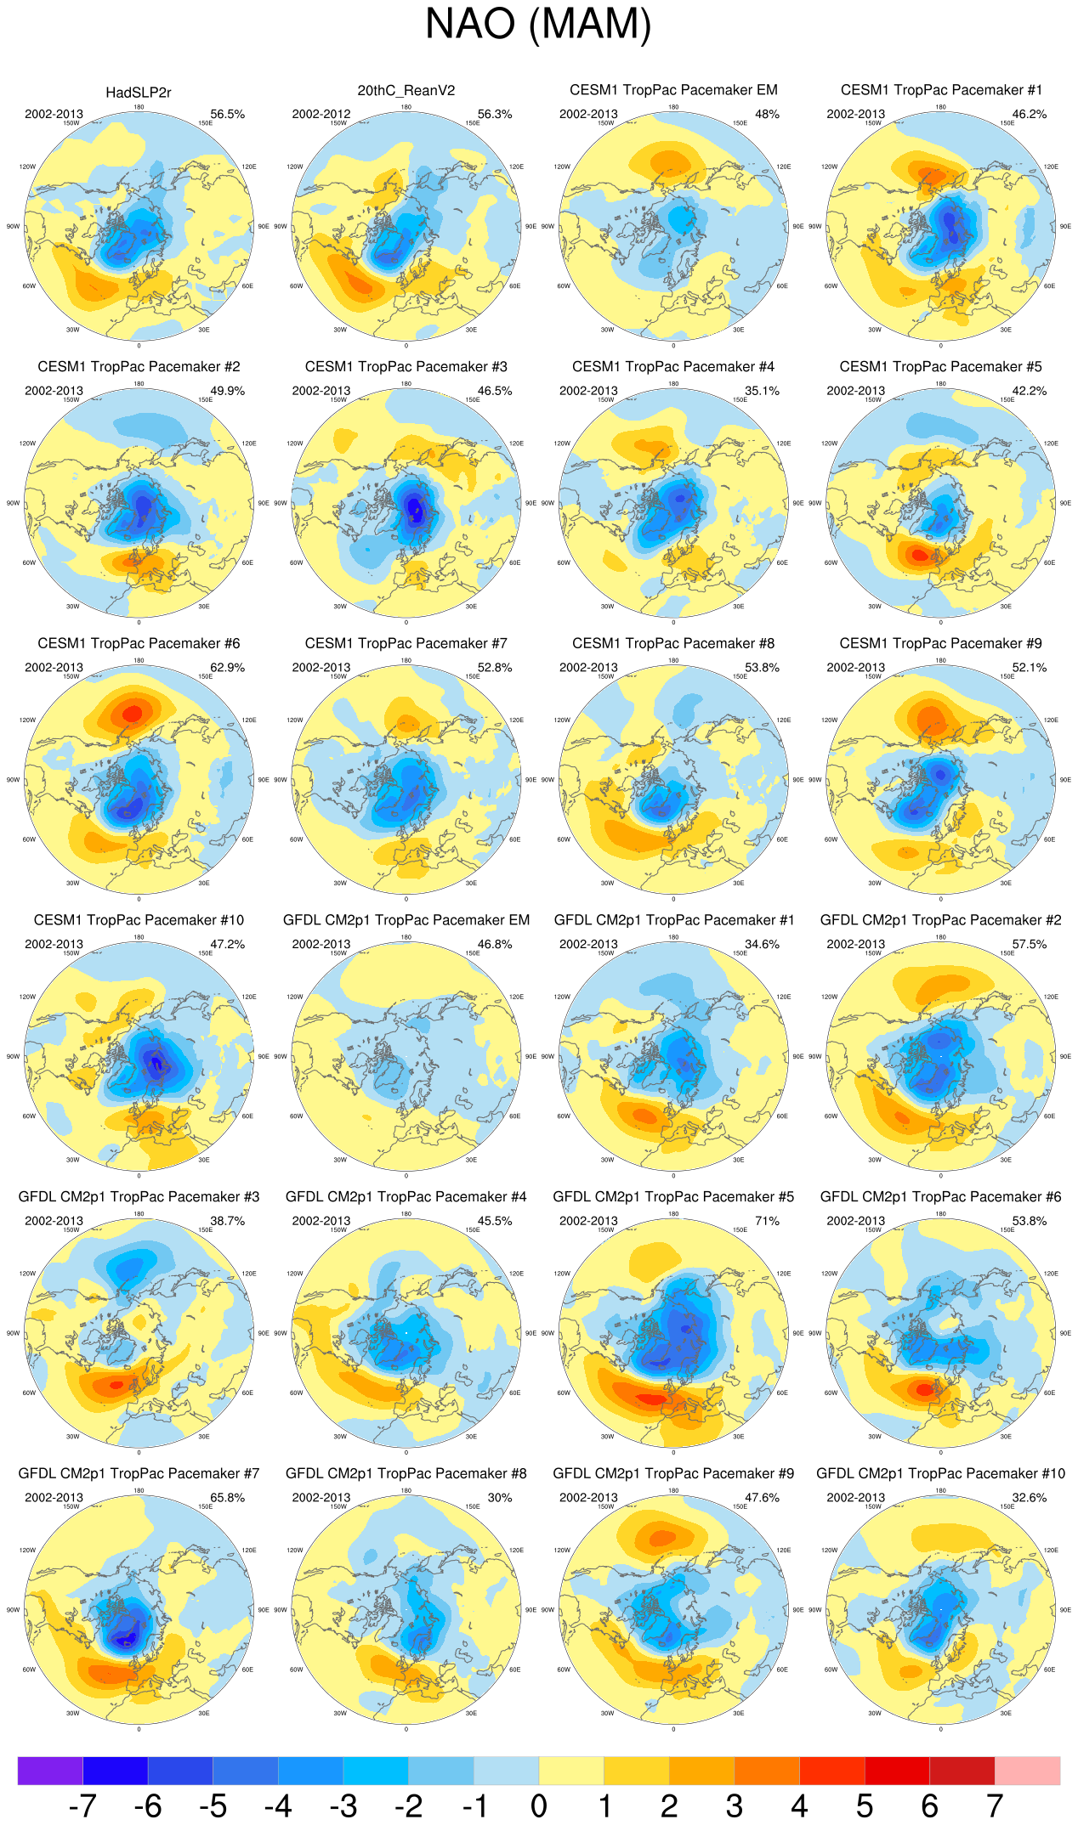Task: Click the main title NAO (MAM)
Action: [x=538, y=24]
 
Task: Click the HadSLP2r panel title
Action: [x=139, y=93]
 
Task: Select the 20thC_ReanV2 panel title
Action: [x=406, y=91]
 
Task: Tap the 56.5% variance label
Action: [x=227, y=114]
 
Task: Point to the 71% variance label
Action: [x=767, y=1221]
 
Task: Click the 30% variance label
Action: [x=500, y=1498]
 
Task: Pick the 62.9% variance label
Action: [x=227, y=668]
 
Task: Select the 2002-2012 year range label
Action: [x=321, y=114]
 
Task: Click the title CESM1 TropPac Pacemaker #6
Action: [x=139, y=644]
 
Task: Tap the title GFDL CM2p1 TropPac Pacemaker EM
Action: [x=406, y=920]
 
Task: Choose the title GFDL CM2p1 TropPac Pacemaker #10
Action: [x=940, y=1473]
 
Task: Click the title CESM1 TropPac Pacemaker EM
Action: [x=673, y=90]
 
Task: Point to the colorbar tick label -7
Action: [x=82, y=1806]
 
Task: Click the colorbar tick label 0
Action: [x=539, y=1806]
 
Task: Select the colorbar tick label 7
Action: [x=995, y=1806]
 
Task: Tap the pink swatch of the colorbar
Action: [x=1027, y=1771]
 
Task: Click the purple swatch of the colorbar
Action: [x=50, y=1771]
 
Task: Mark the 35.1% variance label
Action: [x=762, y=391]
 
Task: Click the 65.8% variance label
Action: [x=227, y=1498]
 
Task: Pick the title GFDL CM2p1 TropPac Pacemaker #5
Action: [x=673, y=1197]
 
